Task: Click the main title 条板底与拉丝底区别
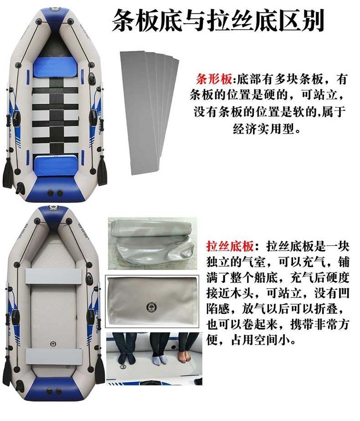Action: [x=218, y=21]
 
